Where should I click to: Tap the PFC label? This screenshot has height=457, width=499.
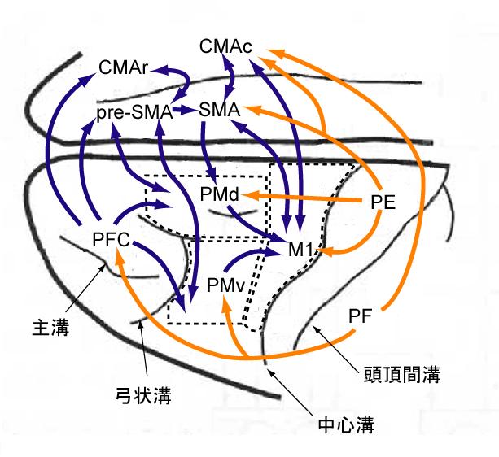[x=111, y=239]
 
